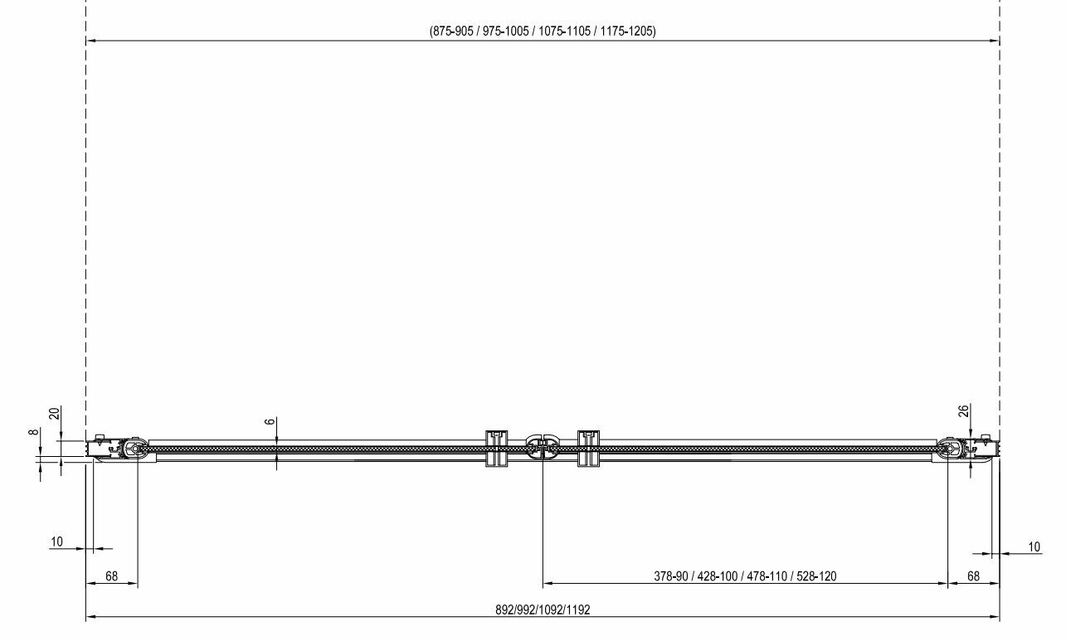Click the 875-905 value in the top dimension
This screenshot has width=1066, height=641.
[453, 32]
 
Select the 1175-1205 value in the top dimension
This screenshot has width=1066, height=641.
[626, 32]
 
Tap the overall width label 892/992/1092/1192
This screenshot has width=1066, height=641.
[543, 609]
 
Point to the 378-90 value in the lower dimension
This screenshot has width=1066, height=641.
[670, 576]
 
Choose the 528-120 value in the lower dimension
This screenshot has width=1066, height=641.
[815, 576]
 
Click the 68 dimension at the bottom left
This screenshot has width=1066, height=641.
[111, 576]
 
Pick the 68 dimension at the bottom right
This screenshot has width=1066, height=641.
[973, 576]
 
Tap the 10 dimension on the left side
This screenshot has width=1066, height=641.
[56, 541]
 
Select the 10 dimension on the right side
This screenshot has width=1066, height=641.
[1034, 546]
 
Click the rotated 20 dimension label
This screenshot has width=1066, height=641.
[56, 413]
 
